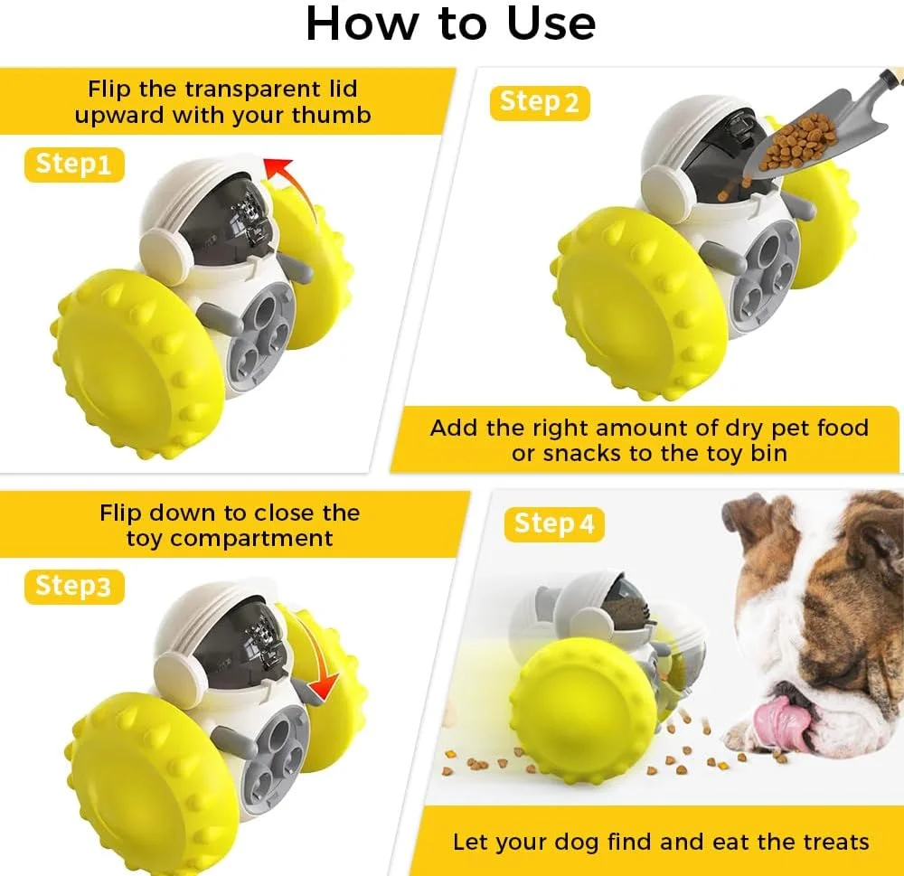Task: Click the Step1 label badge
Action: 74,165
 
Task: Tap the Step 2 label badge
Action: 540,103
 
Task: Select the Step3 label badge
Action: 74,587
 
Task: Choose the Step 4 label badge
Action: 554,524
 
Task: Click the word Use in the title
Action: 551,24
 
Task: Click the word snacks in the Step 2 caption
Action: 582,454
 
